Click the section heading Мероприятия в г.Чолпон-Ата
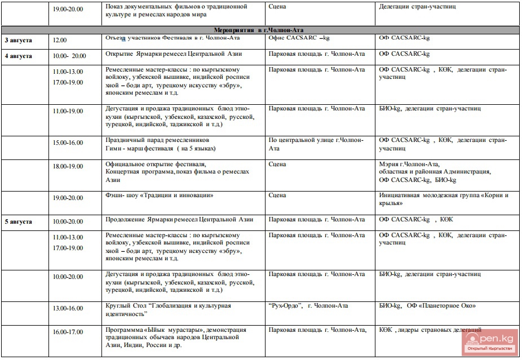[x=260, y=30]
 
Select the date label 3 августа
[x=19, y=40]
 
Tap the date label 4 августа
[x=19, y=56]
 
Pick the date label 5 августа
[x=19, y=221]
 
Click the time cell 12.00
[x=60, y=40]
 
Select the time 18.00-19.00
[x=68, y=167]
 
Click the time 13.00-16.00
[x=68, y=308]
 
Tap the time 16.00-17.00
[x=68, y=332]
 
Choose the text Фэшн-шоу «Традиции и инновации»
[x=160, y=195]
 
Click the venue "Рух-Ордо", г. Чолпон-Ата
[x=308, y=306]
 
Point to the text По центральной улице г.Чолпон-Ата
[x=316, y=144]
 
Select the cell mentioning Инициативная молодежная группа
[x=444, y=199]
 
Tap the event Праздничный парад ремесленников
[x=157, y=139]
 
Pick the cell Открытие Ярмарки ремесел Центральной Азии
[x=174, y=54]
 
